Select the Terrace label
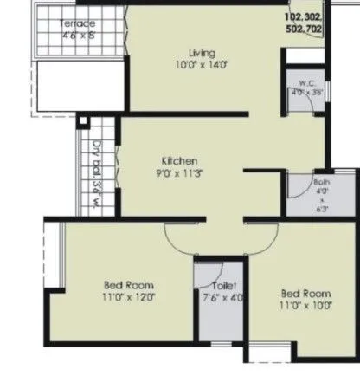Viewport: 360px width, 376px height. [78, 24]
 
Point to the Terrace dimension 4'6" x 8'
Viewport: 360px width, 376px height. [78, 36]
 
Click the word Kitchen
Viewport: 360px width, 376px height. [180, 161]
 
